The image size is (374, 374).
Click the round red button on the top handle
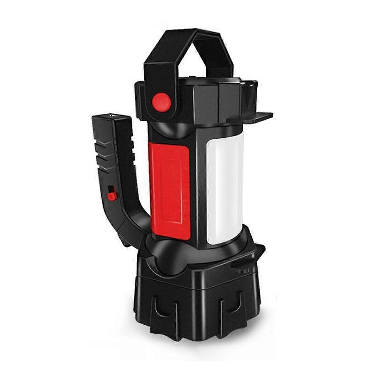coord(162,102)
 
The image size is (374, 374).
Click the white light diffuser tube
coord(224,187)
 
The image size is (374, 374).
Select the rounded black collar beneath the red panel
coord(176,254)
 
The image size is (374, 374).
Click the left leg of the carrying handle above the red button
coord(157,67)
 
